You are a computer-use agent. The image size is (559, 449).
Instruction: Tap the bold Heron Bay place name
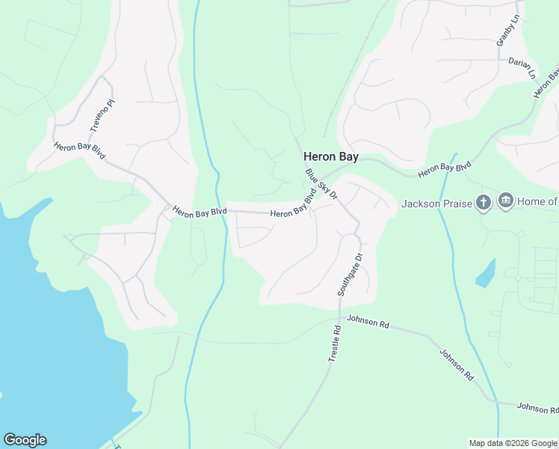coord(330,157)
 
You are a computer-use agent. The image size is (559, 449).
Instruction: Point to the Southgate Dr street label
coord(349,275)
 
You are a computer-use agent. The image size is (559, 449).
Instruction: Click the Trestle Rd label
coord(335,344)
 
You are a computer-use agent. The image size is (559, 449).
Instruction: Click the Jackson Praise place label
coord(437,204)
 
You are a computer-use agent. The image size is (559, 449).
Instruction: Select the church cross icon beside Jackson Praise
coord(484,202)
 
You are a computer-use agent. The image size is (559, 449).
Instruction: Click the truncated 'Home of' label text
coord(537,201)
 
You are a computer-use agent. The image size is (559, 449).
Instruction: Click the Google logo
coord(25,440)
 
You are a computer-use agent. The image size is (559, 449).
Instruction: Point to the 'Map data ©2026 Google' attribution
coord(513,443)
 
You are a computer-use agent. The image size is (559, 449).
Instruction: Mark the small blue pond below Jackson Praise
coord(486,273)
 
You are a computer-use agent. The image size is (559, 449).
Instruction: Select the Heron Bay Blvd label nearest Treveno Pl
coord(79,150)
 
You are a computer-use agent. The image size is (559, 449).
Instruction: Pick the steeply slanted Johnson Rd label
coord(456,365)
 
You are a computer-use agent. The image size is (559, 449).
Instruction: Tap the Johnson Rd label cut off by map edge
coord(537,408)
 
